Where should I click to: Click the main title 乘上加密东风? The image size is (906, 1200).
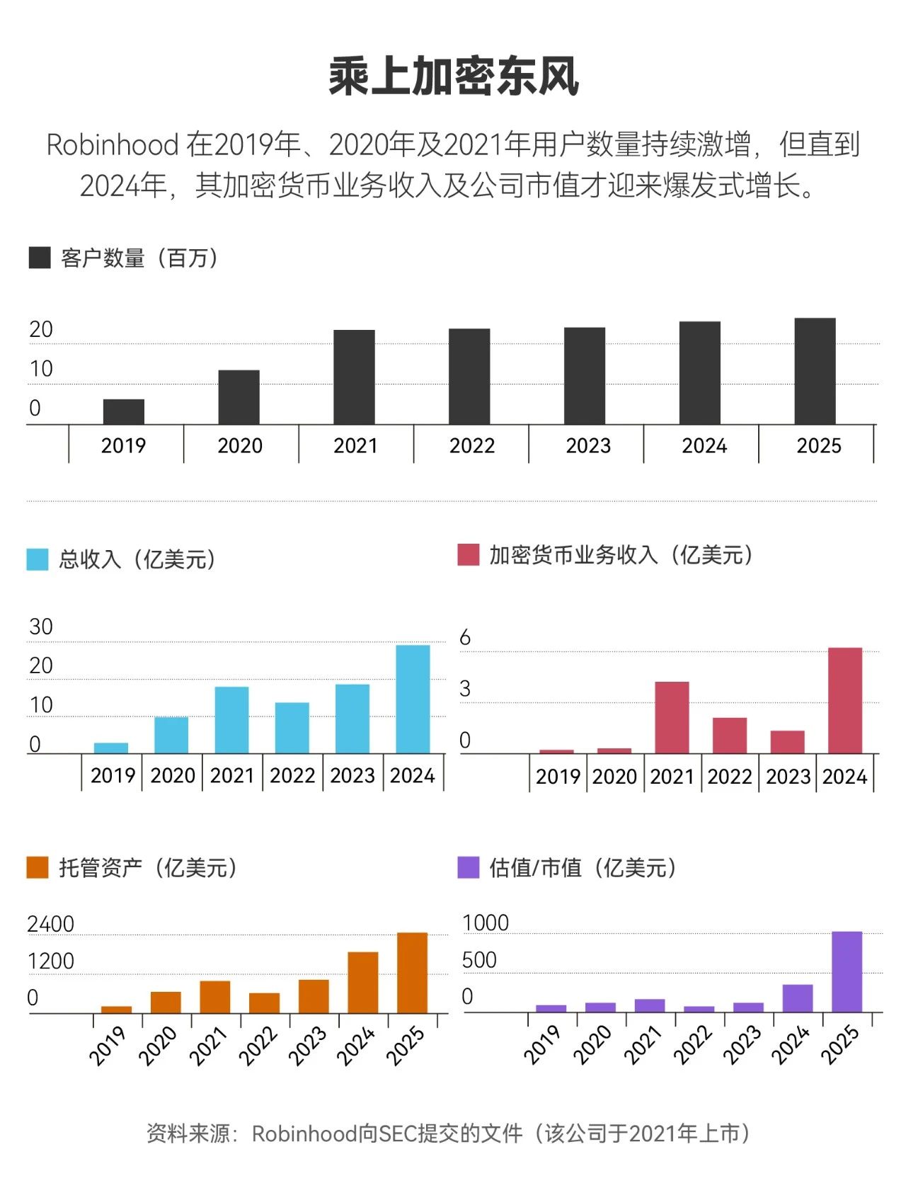[x=453, y=76]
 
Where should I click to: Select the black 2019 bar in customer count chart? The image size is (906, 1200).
[x=124, y=412]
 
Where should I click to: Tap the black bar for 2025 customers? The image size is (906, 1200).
[x=815, y=372]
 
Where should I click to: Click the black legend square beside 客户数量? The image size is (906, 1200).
[x=40, y=258]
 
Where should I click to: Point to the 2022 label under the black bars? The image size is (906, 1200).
[x=471, y=446]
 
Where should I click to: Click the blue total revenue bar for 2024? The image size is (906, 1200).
[x=413, y=699]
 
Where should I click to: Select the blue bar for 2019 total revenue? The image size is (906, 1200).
[x=111, y=748]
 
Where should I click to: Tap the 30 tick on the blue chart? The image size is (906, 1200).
[x=41, y=627]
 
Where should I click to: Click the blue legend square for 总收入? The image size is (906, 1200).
[x=38, y=559]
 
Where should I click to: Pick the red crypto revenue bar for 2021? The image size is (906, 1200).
[x=672, y=717]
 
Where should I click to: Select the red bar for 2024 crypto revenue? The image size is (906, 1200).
[x=845, y=700]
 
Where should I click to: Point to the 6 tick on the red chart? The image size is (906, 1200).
[x=465, y=638]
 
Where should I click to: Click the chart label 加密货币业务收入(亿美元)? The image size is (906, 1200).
[x=621, y=555]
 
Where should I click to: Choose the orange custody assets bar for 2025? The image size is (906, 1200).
[x=413, y=973]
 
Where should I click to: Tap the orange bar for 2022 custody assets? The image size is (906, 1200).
[x=264, y=1003]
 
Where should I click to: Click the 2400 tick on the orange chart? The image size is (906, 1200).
[x=50, y=925]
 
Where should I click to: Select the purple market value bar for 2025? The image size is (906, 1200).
[x=847, y=971]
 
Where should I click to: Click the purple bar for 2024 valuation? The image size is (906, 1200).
[x=798, y=998]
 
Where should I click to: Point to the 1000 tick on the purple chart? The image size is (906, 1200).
[x=486, y=923]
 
